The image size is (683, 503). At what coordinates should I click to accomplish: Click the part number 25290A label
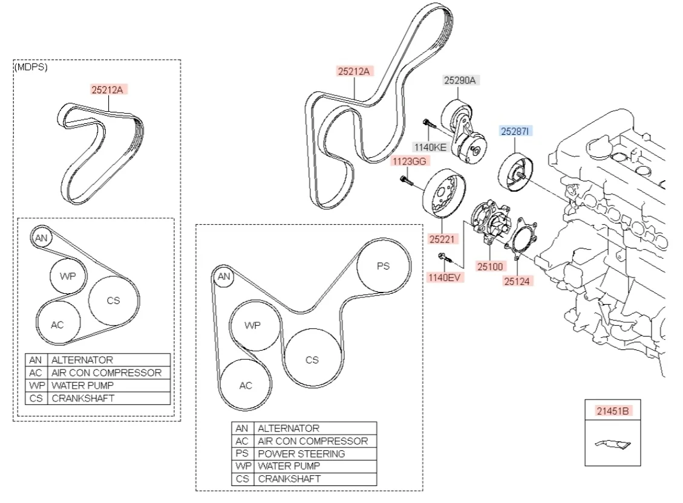pyautogui.click(x=460, y=80)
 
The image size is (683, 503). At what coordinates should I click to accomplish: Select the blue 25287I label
pyautogui.click(x=515, y=131)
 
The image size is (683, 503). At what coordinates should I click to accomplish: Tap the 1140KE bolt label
pyautogui.click(x=430, y=146)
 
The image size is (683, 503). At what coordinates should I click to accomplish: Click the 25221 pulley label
pyautogui.click(x=442, y=239)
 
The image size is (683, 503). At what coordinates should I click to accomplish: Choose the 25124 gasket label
pyautogui.click(x=518, y=281)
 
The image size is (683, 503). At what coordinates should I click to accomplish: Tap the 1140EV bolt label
pyautogui.click(x=444, y=277)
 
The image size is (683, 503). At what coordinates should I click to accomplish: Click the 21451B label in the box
pyautogui.click(x=613, y=411)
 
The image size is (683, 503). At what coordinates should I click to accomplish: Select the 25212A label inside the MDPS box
pyautogui.click(x=107, y=90)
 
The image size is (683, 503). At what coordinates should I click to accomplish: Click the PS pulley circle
pyautogui.click(x=383, y=266)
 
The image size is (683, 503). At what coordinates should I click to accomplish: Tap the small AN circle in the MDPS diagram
pyautogui.click(x=41, y=238)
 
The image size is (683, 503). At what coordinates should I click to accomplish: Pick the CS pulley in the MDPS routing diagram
pyautogui.click(x=113, y=300)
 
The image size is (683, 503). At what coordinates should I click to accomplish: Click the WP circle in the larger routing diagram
pyautogui.click(x=252, y=325)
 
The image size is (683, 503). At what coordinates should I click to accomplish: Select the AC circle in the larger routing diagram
pyautogui.click(x=245, y=385)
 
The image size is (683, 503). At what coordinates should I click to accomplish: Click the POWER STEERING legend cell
pyautogui.click(x=301, y=453)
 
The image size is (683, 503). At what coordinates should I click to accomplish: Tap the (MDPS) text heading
pyautogui.click(x=30, y=67)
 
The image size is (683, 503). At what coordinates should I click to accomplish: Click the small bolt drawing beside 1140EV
pyautogui.click(x=445, y=259)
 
